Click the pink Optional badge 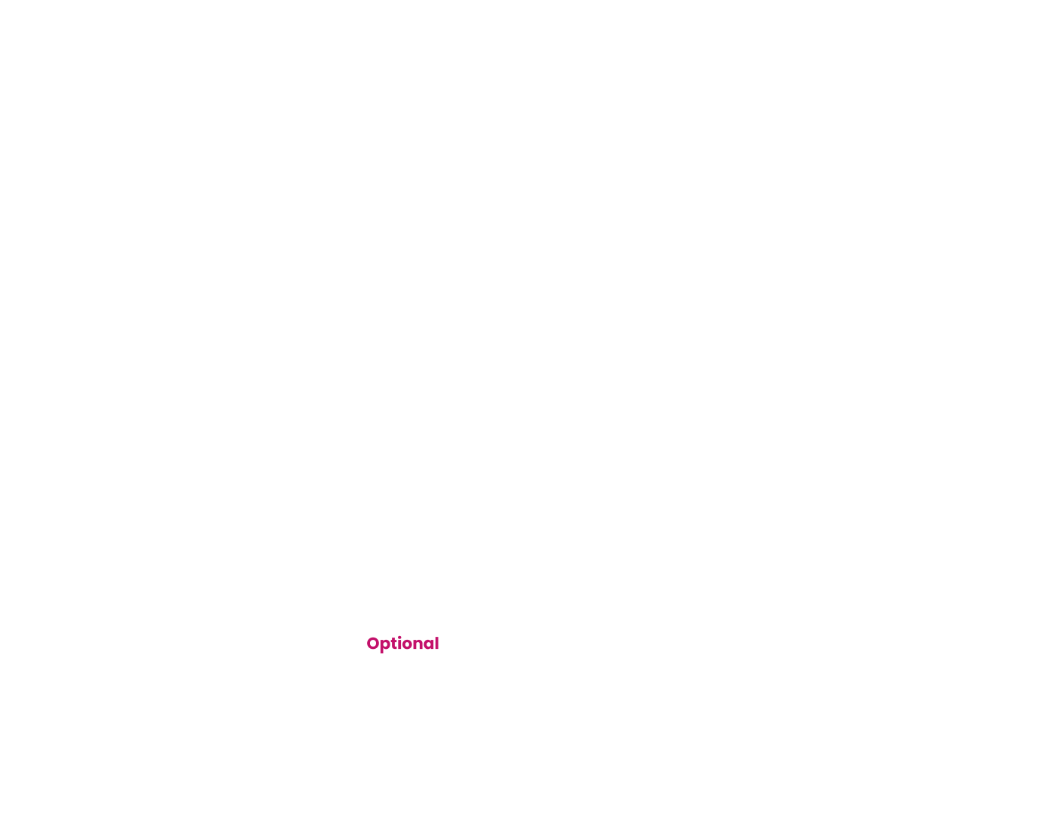click(402, 644)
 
